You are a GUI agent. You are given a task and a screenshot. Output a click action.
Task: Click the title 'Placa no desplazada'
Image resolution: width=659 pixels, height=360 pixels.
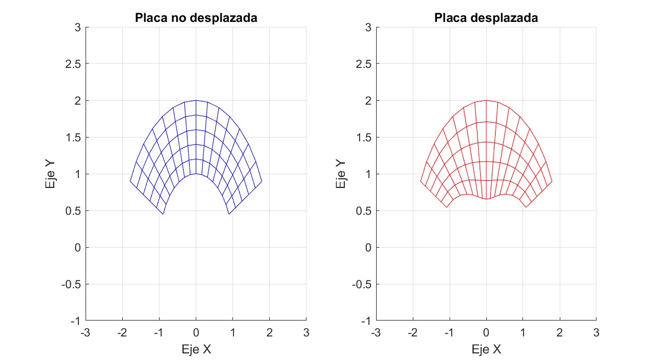pos(196,18)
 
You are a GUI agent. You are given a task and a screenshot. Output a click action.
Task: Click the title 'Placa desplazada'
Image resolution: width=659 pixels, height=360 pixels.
pos(486,18)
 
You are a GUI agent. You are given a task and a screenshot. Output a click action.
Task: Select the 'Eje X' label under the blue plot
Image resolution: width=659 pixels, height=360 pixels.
pos(196,349)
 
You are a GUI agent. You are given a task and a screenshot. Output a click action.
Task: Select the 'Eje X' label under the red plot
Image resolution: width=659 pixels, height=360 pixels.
pos(486,349)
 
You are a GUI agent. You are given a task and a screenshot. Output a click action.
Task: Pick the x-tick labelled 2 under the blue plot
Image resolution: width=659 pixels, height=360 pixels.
pos(269,333)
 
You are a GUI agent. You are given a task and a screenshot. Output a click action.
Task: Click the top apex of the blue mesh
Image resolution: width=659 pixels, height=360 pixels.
pos(196,100)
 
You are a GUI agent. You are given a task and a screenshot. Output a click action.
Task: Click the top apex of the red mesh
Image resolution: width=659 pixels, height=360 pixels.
pos(486,100)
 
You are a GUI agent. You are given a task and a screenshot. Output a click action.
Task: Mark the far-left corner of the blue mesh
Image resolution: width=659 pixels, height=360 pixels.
pos(130,181)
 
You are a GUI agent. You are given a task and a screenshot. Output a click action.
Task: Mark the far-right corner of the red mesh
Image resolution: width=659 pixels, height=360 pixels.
pos(552,181)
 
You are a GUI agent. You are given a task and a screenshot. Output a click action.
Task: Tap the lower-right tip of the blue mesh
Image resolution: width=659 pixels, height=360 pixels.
pos(229,214)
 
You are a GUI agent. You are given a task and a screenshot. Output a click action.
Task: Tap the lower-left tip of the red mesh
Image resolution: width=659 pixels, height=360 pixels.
pos(446,207)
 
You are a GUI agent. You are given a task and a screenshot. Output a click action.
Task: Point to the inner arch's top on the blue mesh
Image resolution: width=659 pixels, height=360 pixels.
pos(196,174)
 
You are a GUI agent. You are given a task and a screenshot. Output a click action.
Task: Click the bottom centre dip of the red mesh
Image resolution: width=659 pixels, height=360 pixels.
pos(486,199)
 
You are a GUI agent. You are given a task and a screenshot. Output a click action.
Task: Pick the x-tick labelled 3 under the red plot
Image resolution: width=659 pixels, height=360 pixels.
pos(596,333)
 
